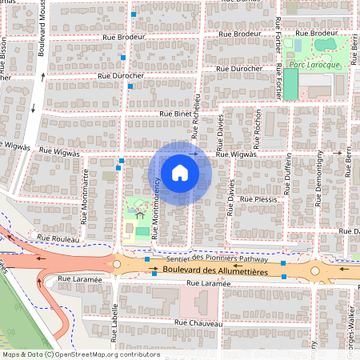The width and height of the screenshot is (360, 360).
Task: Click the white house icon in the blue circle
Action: click(180, 172)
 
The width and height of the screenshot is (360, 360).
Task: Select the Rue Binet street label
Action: click(177, 114)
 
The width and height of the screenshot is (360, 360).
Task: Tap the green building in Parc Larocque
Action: click(290, 84)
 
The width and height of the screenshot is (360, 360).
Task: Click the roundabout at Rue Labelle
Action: click(117, 263)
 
